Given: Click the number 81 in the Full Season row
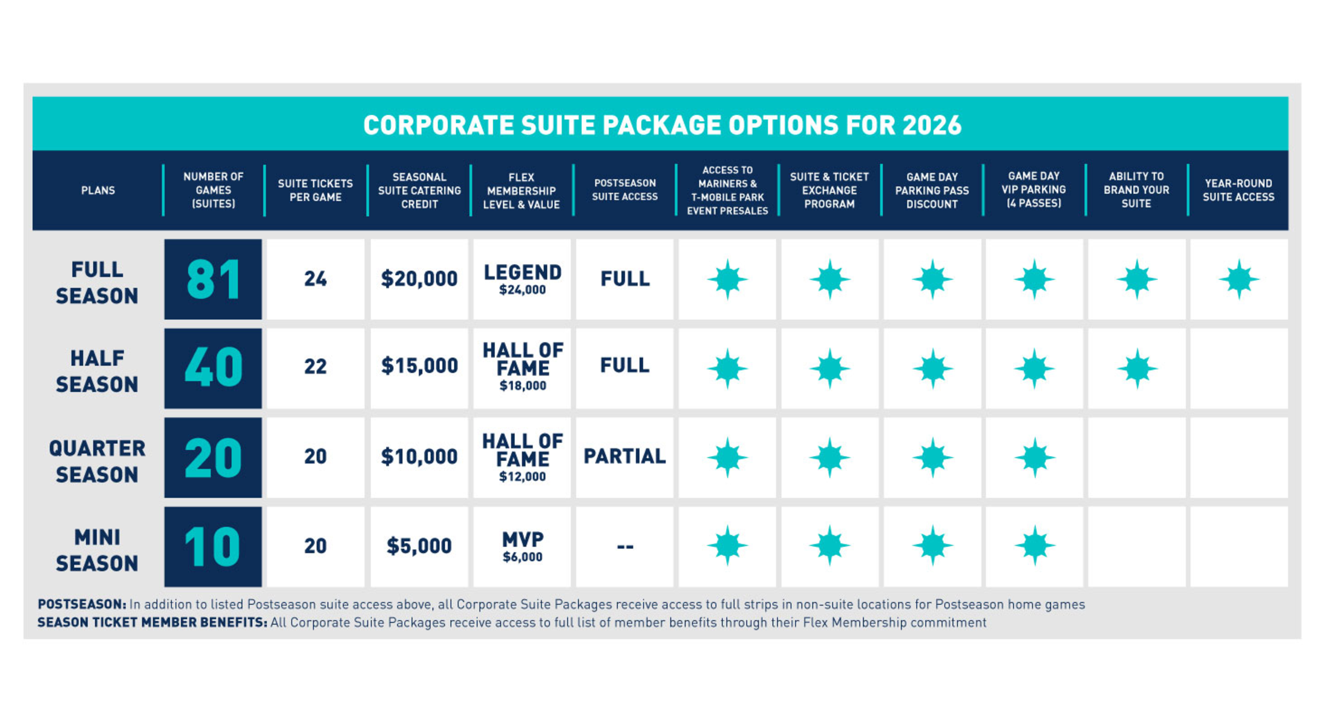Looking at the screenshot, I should coord(213,279).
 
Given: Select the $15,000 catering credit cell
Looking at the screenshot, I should coord(419,366).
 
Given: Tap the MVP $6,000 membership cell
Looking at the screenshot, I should coord(522,546).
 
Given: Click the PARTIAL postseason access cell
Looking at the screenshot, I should coord(624,457).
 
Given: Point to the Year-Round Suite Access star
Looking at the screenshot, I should coord(1239,279).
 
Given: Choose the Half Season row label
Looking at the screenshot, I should coord(97,371).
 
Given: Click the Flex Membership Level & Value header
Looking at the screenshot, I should coord(521,191).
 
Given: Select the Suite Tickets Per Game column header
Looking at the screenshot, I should coord(315,190).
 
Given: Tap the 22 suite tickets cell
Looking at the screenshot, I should coord(315,366).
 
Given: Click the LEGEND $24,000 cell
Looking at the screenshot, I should coord(522,279).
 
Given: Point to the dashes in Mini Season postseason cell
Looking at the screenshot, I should coord(624,547).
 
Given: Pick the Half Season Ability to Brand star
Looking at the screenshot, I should coord(1136,368).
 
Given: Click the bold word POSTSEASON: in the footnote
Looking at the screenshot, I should coord(82,604).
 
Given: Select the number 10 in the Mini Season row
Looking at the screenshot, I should coord(213,546).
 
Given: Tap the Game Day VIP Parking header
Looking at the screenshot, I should coord(1033,190).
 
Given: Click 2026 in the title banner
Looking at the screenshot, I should coord(931,125).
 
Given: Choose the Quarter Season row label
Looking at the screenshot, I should coord(97,461).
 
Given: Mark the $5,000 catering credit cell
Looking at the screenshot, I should coord(419,546).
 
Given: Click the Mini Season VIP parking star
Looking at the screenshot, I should coord(1034,546).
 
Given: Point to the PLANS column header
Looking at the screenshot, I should coord(98,190).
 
